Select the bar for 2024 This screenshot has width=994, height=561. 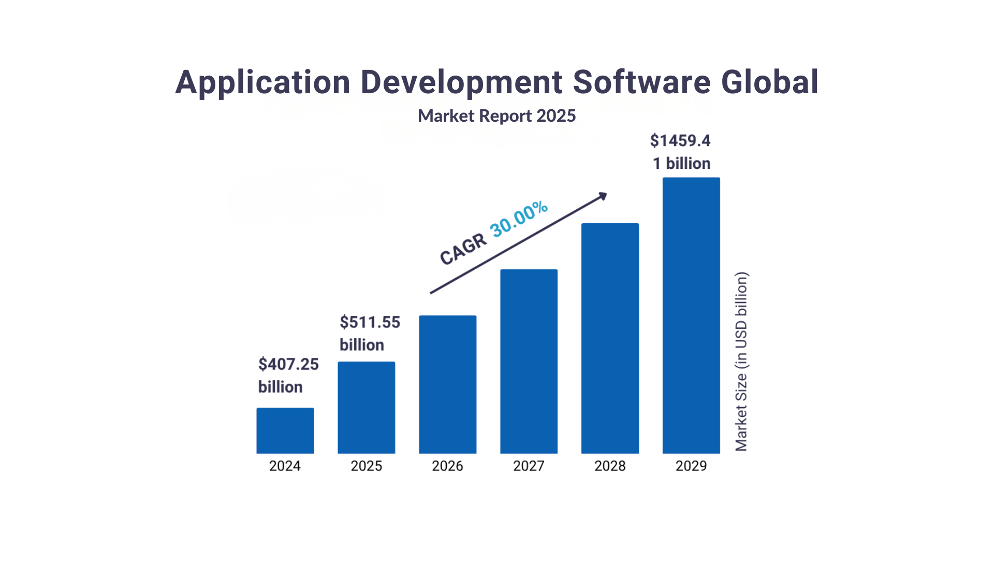pos(285,430)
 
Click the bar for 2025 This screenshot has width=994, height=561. pos(366,408)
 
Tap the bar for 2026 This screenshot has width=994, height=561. pos(447,384)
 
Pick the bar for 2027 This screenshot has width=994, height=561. pos(529,361)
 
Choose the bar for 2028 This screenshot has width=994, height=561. pos(610,338)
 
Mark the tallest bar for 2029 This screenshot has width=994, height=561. pos(691,315)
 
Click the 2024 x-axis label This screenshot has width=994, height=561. pos(285,466)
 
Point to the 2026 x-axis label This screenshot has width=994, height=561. pos(447,466)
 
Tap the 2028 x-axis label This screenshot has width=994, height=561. pos(610,466)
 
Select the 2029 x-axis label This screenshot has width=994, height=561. pos(691,466)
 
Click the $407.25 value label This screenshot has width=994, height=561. pos(288,364)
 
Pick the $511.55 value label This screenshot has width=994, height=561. pos(370,322)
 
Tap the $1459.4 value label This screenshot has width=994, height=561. pos(680,140)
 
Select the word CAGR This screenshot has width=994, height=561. pos(463,249)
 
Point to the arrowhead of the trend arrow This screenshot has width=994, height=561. pos(603,196)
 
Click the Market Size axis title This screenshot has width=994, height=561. pos(741,362)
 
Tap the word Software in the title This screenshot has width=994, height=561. pos(641,82)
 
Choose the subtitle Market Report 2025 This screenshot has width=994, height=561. pos(496,116)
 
